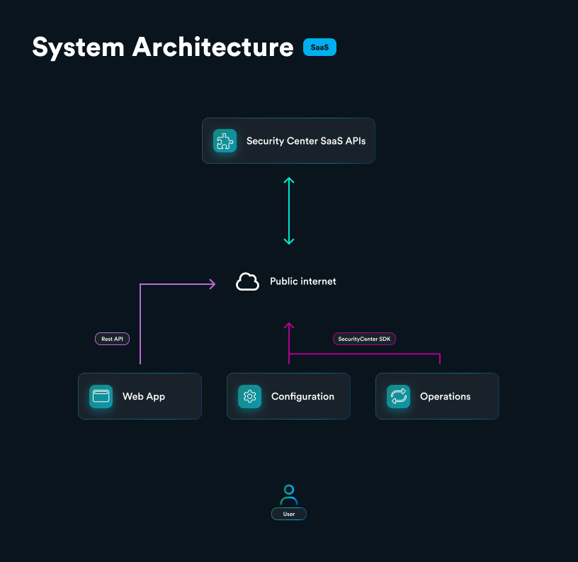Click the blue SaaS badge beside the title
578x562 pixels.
point(319,47)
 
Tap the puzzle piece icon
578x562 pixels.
point(225,140)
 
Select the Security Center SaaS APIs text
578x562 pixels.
point(306,141)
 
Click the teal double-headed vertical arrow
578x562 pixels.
point(288,211)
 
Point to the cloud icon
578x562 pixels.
point(247,282)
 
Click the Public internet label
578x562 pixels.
point(302,282)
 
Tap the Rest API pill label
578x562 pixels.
point(112,339)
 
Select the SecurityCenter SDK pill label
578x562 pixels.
point(364,339)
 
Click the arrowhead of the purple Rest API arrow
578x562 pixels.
point(212,284)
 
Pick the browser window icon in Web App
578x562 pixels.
point(101,396)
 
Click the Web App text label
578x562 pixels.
point(144,397)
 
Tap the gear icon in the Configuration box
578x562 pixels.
point(249,396)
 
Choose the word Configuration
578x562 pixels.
point(302,397)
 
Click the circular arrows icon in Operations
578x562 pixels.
point(398,396)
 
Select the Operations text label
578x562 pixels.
point(445,397)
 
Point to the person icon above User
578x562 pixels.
point(289,494)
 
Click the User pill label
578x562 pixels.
point(289,514)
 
